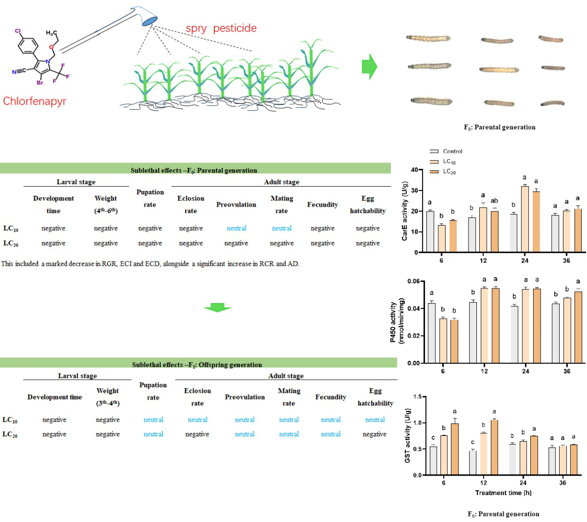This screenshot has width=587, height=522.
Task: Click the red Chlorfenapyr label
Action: [x=34, y=101]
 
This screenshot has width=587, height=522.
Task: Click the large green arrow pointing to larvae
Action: [x=370, y=67]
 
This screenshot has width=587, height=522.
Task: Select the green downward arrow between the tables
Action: [x=217, y=308]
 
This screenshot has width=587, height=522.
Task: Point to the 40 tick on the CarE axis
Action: [x=415, y=170]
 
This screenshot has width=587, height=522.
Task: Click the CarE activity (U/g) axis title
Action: [x=405, y=211]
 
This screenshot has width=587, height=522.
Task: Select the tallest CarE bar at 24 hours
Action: [x=524, y=219]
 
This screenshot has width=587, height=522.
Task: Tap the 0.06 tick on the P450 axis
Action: [x=413, y=282]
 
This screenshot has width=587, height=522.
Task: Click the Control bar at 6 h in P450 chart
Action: [x=431, y=333]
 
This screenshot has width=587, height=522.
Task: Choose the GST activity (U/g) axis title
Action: [x=408, y=436]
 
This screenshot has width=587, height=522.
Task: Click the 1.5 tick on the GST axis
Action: [x=418, y=397]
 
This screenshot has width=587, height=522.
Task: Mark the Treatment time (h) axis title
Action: [x=503, y=493]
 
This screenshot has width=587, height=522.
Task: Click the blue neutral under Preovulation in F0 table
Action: [x=236, y=228]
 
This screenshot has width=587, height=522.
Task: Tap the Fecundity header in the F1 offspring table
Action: [x=330, y=397]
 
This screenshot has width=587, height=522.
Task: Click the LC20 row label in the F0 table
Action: [x=11, y=243]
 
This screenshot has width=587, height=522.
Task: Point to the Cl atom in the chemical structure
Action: [x=18, y=31]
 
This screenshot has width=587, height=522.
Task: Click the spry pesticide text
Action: [x=221, y=28]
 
